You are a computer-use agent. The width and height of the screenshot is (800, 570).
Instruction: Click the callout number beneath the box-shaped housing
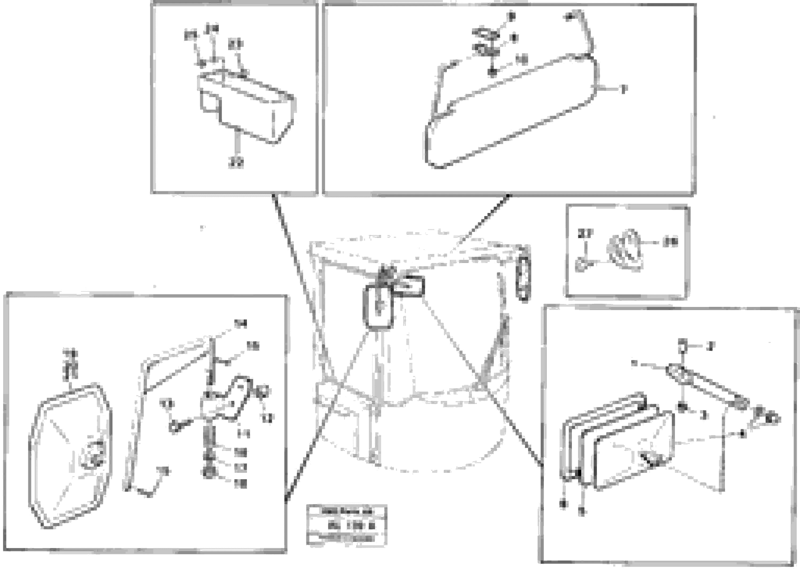pyautogui.click(x=236, y=162)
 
